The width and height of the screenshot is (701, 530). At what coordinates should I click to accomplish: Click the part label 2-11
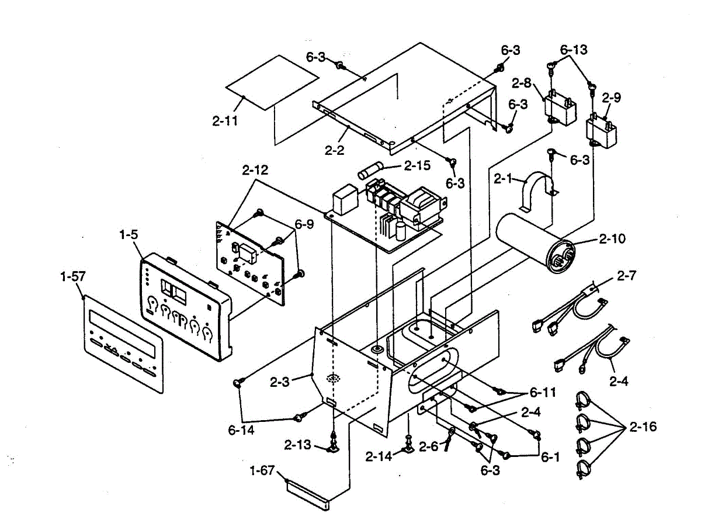pyautogui.click(x=225, y=121)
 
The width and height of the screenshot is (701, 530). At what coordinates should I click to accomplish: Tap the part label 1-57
pyautogui.click(x=73, y=276)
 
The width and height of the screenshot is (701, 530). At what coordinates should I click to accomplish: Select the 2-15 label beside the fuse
pyautogui.click(x=417, y=165)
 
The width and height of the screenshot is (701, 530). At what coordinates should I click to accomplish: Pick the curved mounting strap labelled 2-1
pyautogui.click(x=539, y=190)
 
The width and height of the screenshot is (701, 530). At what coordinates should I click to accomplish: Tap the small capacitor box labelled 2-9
pyautogui.click(x=601, y=131)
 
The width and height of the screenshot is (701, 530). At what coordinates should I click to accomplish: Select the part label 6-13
pyautogui.click(x=574, y=50)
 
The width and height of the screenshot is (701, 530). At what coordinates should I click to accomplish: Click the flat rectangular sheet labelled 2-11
pyautogui.click(x=272, y=83)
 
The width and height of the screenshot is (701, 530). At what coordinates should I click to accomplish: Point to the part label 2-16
pyautogui.click(x=643, y=427)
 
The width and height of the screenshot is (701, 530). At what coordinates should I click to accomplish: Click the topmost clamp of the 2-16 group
pyautogui.click(x=583, y=400)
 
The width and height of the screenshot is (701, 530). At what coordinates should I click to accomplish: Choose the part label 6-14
pyautogui.click(x=241, y=430)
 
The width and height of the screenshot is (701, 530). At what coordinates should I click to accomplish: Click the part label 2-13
pyautogui.click(x=297, y=445)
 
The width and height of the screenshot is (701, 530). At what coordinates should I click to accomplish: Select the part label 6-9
pyautogui.click(x=304, y=224)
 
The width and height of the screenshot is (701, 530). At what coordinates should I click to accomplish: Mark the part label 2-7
pyautogui.click(x=626, y=275)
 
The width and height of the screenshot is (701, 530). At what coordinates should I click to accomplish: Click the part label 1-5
pyautogui.click(x=129, y=235)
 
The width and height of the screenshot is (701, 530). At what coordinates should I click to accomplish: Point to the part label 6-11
pyautogui.click(x=543, y=392)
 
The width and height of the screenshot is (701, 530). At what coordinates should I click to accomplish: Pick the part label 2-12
pyautogui.click(x=255, y=170)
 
